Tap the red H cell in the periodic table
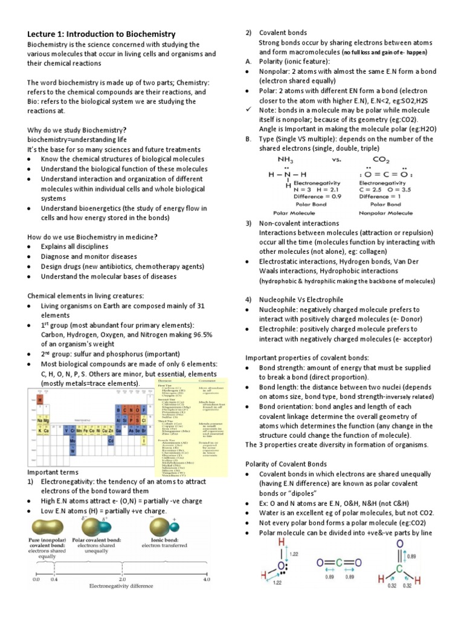coord(40,400)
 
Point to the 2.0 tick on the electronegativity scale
coord(121,578)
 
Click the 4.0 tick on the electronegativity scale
coord(206,578)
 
